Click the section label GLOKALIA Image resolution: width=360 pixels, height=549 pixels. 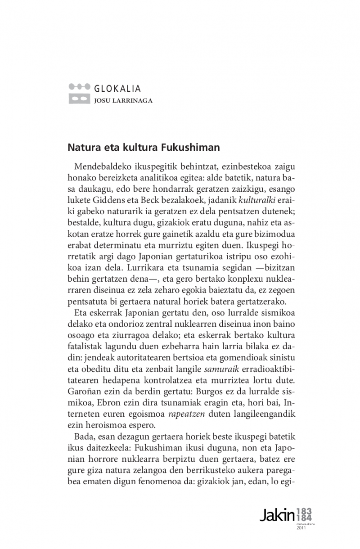[x=118, y=89]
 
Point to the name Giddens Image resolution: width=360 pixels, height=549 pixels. [x=119, y=199]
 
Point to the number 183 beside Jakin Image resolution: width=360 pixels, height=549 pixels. [x=305, y=511]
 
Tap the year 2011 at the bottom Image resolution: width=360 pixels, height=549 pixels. [x=301, y=528]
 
